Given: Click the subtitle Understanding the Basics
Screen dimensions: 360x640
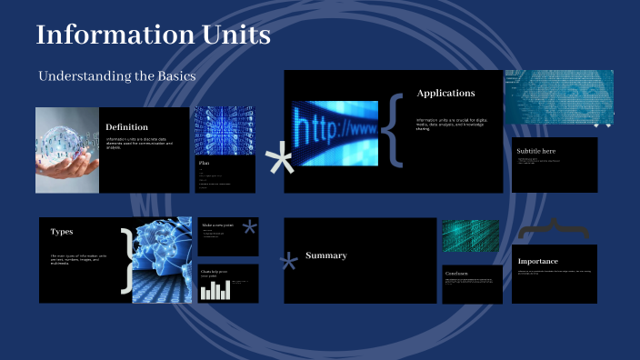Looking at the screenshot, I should [117, 76].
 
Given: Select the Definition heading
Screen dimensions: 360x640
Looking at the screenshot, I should [127, 127].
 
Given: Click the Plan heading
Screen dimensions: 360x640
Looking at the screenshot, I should [205, 164].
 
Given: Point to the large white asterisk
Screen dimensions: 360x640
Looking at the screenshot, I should [280, 164].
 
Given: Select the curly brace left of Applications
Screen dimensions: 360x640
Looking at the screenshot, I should [391, 130].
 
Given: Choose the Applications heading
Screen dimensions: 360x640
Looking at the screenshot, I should [445, 93].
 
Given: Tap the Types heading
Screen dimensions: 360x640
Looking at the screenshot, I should [62, 232].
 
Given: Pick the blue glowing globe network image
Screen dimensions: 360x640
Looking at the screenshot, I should [164, 259].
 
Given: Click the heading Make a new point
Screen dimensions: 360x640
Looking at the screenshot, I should [219, 225].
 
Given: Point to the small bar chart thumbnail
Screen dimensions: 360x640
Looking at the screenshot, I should [216, 290].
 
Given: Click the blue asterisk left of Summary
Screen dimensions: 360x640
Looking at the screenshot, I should [289, 265].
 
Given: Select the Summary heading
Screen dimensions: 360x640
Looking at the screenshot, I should [325, 255].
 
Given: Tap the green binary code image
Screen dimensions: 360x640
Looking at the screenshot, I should [471, 235].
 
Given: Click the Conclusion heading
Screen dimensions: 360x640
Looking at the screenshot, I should [457, 273].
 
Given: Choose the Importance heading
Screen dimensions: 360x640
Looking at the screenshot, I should [537, 262].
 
